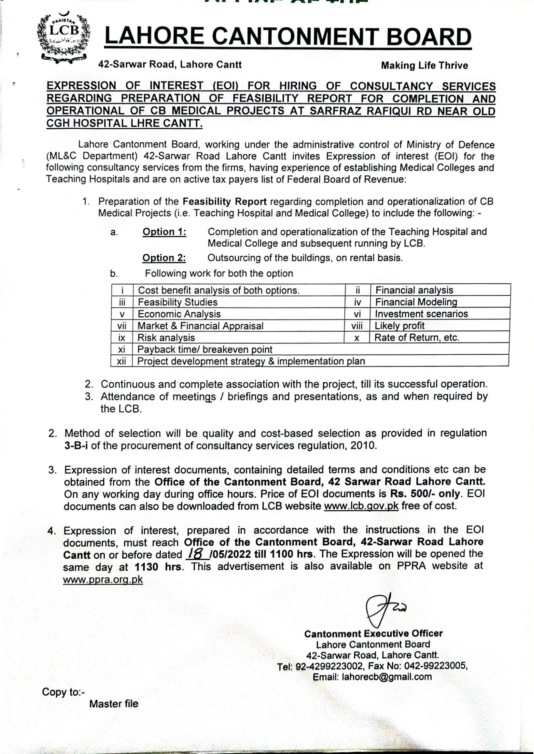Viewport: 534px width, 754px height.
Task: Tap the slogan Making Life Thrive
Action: pos(424,65)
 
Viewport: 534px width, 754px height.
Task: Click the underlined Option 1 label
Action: pos(164,232)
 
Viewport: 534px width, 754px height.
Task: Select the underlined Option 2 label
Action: pos(164,258)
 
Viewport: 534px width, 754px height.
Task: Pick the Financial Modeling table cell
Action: pos(416,302)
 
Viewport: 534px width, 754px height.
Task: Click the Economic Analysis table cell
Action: pos(179,314)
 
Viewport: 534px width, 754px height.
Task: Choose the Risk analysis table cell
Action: pos(166,338)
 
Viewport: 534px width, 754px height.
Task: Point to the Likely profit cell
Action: pos(399,326)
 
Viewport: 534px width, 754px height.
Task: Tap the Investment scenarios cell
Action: pos(421,314)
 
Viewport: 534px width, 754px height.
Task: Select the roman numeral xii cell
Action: pos(121,361)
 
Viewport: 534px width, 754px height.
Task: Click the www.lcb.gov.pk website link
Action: pos(361,506)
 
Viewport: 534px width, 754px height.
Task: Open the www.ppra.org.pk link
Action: pos(103,579)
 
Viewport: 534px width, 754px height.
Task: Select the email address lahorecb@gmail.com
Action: pos(387,677)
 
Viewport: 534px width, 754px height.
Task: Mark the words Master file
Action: pos(114,704)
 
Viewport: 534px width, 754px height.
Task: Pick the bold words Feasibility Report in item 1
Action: pos(225,201)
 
